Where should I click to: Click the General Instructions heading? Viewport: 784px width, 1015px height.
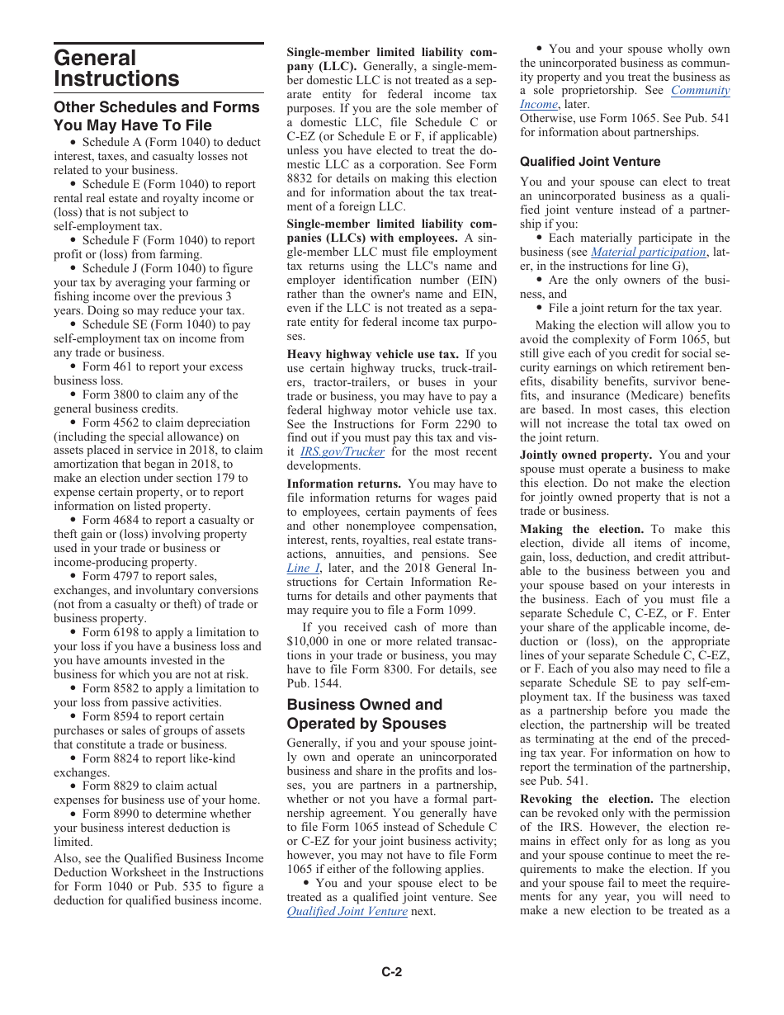point(116,68)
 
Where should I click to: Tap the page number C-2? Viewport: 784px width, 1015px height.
point(391,972)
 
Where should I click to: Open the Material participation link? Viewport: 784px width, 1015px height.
point(649,252)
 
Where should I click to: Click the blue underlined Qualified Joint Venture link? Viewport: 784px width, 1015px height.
point(347,911)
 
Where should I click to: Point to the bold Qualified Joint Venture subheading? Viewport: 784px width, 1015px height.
point(590,162)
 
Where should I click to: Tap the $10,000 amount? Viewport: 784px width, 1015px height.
point(309,642)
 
